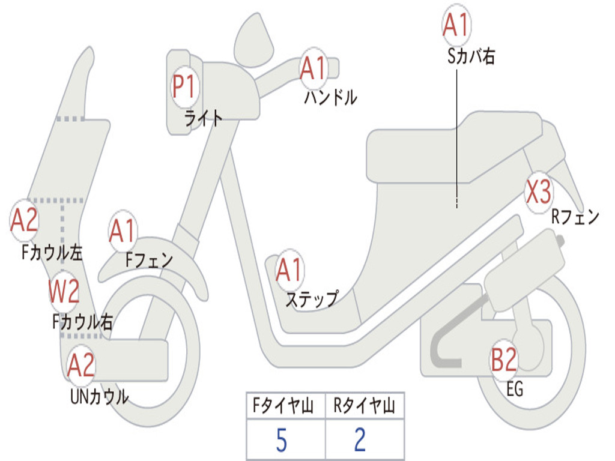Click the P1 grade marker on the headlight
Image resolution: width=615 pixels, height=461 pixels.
click(x=184, y=87)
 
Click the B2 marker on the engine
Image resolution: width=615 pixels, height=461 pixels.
click(x=504, y=360)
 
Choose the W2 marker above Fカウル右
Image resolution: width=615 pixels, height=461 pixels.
click(x=64, y=292)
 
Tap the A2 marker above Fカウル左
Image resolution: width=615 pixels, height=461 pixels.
click(x=25, y=221)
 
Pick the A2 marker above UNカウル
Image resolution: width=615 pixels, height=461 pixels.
click(x=81, y=365)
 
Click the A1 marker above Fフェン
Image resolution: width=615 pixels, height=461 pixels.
click(x=123, y=231)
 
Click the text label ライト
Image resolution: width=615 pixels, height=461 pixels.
click(x=204, y=118)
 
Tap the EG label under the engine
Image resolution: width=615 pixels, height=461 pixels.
click(x=515, y=390)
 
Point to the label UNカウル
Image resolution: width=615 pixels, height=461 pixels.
click(x=99, y=396)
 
